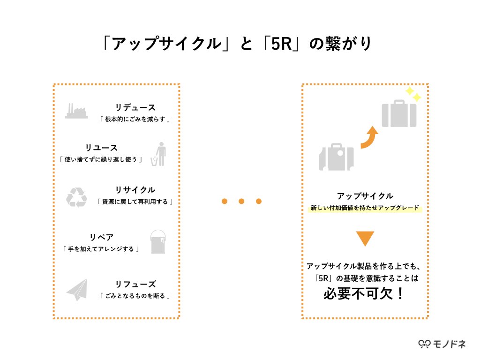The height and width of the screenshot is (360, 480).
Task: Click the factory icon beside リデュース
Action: click(76, 111)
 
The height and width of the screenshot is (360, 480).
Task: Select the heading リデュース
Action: click(135, 108)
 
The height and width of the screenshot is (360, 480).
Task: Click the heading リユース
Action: click(101, 148)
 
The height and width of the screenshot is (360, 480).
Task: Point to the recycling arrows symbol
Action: click(76, 197)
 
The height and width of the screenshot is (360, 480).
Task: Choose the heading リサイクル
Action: click(135, 190)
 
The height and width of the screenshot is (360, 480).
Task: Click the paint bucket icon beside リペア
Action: click(158, 242)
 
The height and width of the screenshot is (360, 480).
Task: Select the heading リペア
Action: click(101, 237)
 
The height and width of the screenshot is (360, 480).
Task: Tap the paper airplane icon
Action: click(77, 290)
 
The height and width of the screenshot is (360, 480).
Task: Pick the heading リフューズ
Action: click(135, 284)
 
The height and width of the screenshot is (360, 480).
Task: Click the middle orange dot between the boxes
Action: click(241, 202)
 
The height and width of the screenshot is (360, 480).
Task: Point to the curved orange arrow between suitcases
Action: click(369, 137)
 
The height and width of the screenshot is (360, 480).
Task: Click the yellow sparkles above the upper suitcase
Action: click(413, 94)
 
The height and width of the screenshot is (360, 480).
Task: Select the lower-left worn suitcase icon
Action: click(336, 157)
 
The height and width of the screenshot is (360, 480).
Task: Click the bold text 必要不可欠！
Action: click(364, 294)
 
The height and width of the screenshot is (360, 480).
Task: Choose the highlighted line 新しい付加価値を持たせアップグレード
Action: click(365, 208)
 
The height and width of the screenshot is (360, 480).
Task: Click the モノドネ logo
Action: click(442, 344)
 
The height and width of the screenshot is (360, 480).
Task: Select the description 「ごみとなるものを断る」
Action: click(135, 296)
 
